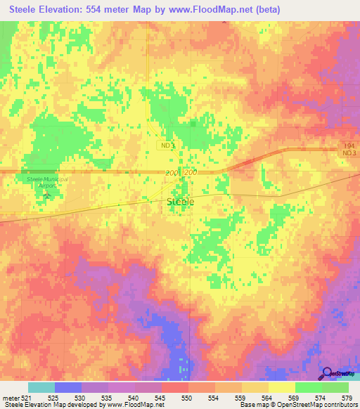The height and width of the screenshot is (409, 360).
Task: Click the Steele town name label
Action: pos(181,202)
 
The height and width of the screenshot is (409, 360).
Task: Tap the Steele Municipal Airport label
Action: pos(42,182)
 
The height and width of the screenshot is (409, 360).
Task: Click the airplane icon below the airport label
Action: pos(47,194)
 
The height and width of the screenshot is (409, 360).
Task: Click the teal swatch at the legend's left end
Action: pos(41,387)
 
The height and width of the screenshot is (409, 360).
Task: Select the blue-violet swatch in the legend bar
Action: pos(68,387)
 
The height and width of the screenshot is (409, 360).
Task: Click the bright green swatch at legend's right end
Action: pos(335,387)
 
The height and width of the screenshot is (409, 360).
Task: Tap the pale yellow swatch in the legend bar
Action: pos(281,387)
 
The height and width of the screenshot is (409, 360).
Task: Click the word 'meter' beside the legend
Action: pos(11,397)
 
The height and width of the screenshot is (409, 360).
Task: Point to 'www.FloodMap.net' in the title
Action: pos(216,10)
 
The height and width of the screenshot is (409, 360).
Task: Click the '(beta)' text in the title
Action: pos(266,10)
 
